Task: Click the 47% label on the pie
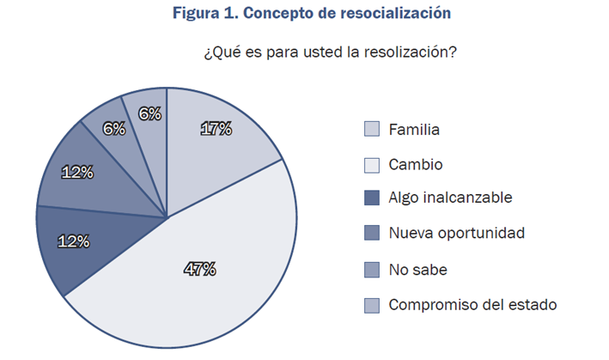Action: click(200, 269)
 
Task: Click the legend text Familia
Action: click(414, 130)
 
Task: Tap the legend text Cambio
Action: click(416, 164)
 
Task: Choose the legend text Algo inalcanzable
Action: click(450, 198)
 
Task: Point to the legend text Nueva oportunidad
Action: click(456, 233)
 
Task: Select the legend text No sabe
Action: click(417, 269)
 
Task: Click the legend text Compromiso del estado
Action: click(472, 303)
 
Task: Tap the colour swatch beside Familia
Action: click(372, 130)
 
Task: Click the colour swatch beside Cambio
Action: click(372, 165)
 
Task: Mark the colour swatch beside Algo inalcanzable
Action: click(372, 198)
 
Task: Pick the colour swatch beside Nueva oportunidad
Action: click(372, 234)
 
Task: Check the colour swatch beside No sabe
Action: click(372, 269)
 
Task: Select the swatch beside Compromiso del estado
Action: click(372, 304)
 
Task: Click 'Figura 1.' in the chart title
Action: click(202, 14)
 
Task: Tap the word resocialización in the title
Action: click(377, 14)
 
